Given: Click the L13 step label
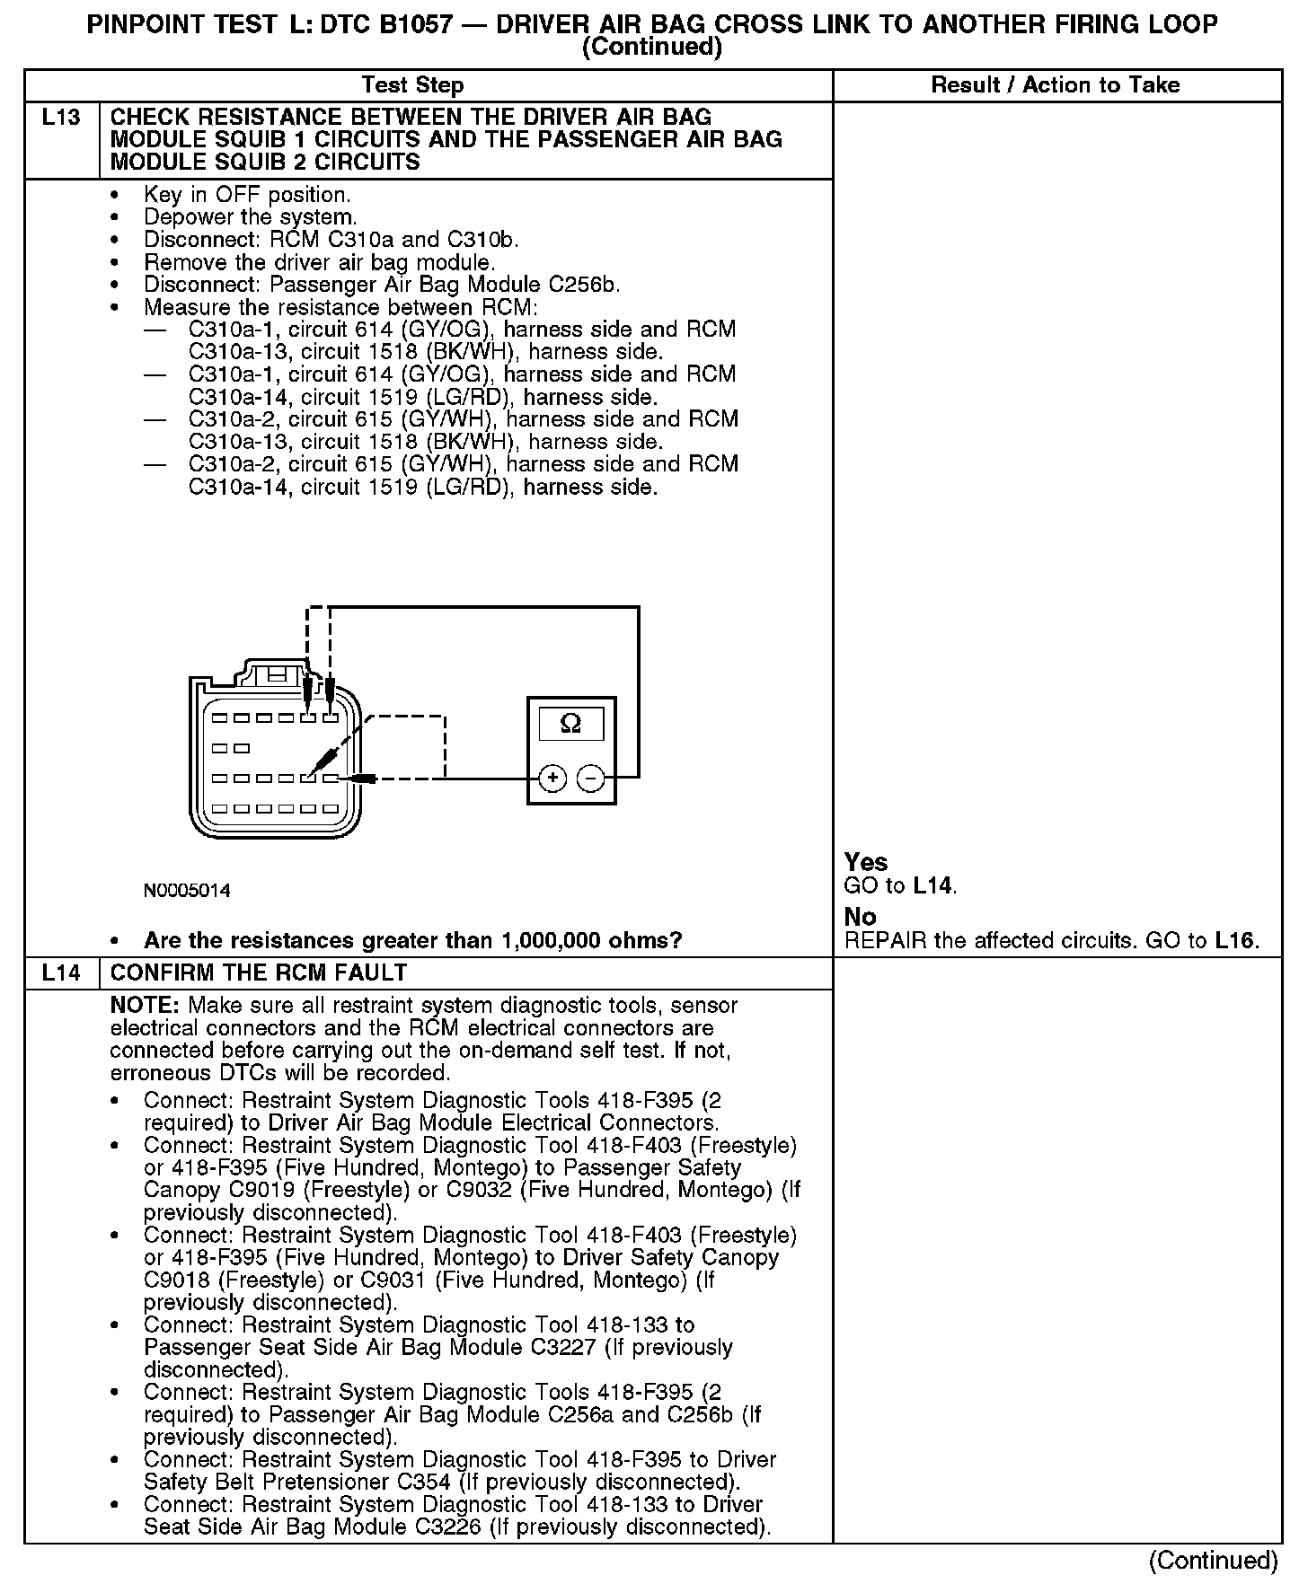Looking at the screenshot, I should pyautogui.click(x=61, y=118).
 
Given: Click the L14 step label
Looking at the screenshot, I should pyautogui.click(x=61, y=973).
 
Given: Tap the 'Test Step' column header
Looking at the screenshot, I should pyautogui.click(x=412, y=85).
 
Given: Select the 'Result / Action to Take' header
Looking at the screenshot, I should pyautogui.click(x=1056, y=85).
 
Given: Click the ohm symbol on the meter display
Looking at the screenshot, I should pyautogui.click(x=570, y=724).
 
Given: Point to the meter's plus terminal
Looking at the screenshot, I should pyautogui.click(x=552, y=779).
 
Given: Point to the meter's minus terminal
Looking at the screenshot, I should pyautogui.click(x=590, y=779).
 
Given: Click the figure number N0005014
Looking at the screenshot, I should pyautogui.click(x=187, y=891).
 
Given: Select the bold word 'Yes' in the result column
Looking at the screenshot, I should pyautogui.click(x=866, y=862).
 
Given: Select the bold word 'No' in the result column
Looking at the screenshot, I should pyautogui.click(x=860, y=917).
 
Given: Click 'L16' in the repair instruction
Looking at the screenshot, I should pyautogui.click(x=1235, y=941).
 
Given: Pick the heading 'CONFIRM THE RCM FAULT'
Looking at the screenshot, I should pyautogui.click(x=259, y=973).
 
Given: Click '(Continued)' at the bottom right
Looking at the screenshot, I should pyautogui.click(x=1213, y=1561).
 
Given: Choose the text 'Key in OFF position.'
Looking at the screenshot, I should pyautogui.click(x=247, y=195).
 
